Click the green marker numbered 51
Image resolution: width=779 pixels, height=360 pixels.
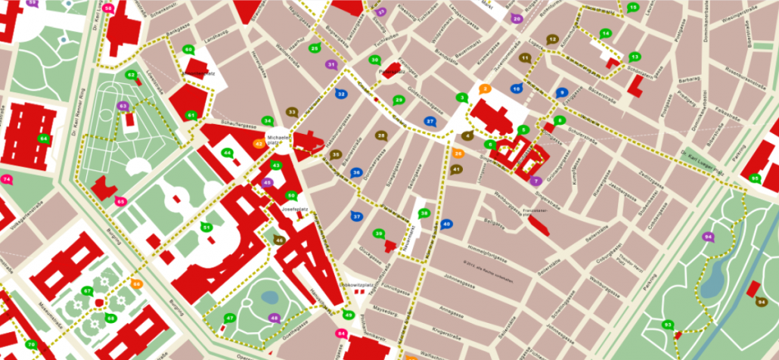(206, 227)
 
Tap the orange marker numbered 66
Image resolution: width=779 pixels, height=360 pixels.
(136, 284)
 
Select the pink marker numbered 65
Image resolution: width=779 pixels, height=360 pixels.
(120, 201)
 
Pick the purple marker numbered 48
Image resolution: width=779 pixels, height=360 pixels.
(274, 318)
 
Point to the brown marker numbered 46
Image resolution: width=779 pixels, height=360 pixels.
(278, 240)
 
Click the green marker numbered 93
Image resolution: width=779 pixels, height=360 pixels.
(667, 324)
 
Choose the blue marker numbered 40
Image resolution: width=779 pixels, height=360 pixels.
(446, 224)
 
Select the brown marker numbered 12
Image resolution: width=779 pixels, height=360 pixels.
(552, 39)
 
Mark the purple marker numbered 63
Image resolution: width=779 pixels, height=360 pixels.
(123, 107)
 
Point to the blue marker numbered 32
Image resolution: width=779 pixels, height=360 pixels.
(341, 94)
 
